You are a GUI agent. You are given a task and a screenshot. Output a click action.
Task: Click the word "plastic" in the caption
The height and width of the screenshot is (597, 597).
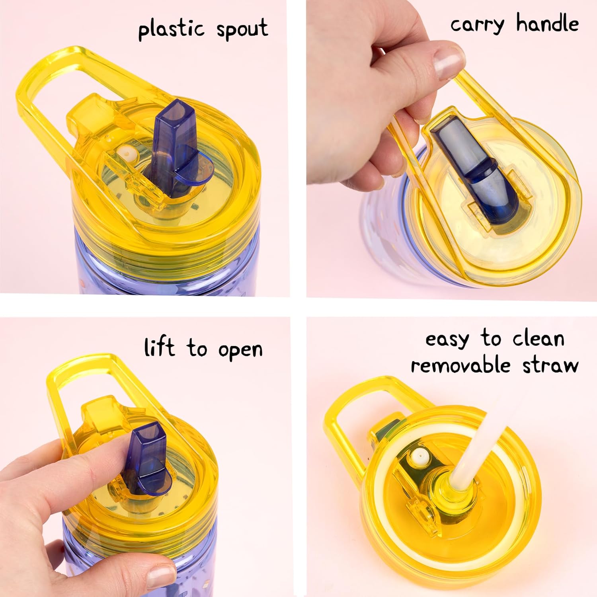(x=171, y=30)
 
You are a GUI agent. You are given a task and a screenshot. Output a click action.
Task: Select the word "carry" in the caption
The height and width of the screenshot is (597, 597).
(x=477, y=25)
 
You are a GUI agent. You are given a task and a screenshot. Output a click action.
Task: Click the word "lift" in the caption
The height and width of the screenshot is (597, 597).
(x=159, y=347)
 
